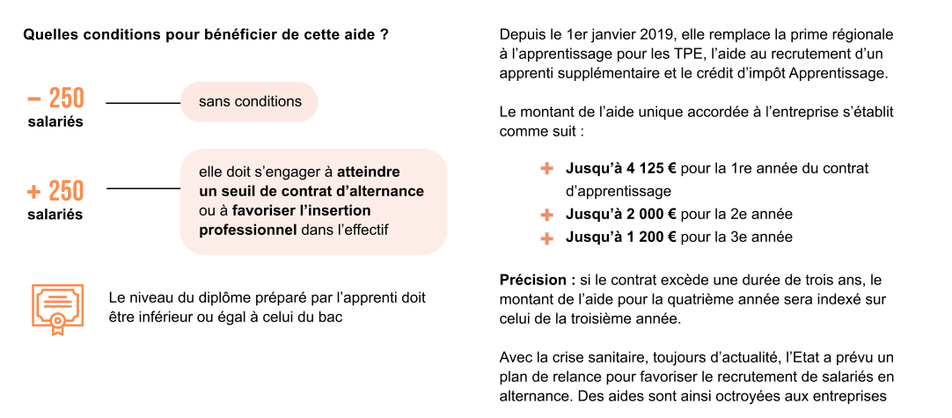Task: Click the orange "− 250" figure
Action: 55,97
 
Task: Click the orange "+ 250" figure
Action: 55,190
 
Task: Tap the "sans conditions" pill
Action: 250,102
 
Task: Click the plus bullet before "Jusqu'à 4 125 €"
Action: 547,168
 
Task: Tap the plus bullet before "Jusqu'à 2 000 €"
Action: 547,214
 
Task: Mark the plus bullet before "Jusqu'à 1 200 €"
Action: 547,237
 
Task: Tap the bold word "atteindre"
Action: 369,172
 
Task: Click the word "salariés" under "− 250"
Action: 55,121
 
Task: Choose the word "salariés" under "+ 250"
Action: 55,215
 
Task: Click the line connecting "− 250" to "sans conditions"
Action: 143,103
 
